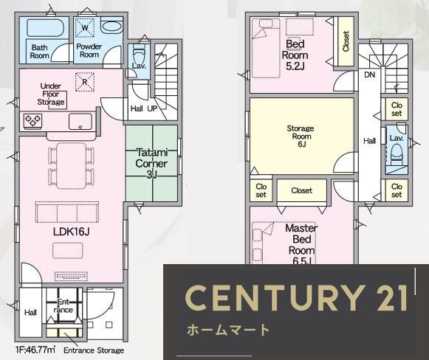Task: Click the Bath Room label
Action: click(40, 51)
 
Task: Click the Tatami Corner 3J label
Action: click(151, 163)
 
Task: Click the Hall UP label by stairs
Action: click(143, 108)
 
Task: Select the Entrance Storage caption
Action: click(94, 350)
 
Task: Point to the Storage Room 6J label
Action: click(301, 136)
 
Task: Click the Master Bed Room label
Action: click(301, 240)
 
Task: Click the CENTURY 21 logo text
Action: click(295, 297)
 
